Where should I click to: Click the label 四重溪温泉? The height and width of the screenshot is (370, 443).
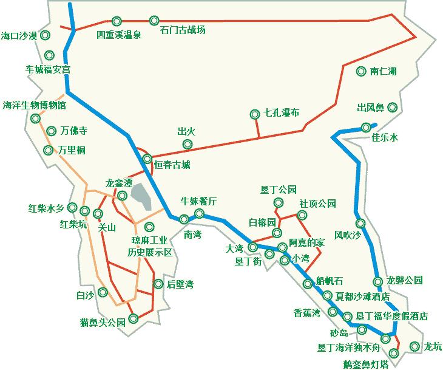click(x=119, y=35)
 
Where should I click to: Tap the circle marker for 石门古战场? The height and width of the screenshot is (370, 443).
click(x=154, y=21)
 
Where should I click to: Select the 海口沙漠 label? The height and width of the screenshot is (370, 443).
click(x=19, y=36)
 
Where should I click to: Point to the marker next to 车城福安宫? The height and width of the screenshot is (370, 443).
click(x=49, y=55)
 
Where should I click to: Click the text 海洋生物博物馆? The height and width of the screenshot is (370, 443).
click(x=35, y=104)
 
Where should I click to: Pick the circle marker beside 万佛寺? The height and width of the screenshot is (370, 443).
click(x=51, y=130)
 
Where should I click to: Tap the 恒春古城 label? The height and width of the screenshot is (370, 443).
click(x=172, y=164)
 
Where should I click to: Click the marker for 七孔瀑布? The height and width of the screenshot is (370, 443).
click(x=255, y=114)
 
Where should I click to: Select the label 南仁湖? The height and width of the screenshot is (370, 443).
click(x=384, y=72)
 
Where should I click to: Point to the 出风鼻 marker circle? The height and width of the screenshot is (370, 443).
click(x=393, y=108)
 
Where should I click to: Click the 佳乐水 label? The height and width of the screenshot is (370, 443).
click(x=385, y=138)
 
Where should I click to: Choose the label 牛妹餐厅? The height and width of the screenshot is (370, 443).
click(x=199, y=201)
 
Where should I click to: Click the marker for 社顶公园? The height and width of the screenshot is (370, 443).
click(x=302, y=215)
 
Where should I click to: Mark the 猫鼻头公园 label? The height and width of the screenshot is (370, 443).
click(x=102, y=323)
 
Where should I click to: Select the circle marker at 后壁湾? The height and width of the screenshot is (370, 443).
click(x=159, y=284)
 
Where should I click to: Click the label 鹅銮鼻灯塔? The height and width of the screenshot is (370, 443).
click(x=365, y=364)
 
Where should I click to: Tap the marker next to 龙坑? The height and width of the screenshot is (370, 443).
click(x=414, y=346)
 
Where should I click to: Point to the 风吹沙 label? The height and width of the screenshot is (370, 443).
click(x=348, y=235)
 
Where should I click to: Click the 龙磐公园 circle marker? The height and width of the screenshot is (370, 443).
click(x=377, y=281)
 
